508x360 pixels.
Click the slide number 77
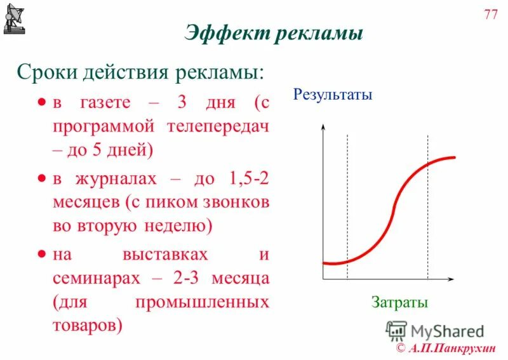(x=491, y=15)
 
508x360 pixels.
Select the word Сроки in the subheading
(x=44, y=72)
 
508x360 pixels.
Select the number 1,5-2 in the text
(x=244, y=179)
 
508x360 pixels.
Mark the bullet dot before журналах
(x=41, y=180)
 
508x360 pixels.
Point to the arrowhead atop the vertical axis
(x=323, y=128)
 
